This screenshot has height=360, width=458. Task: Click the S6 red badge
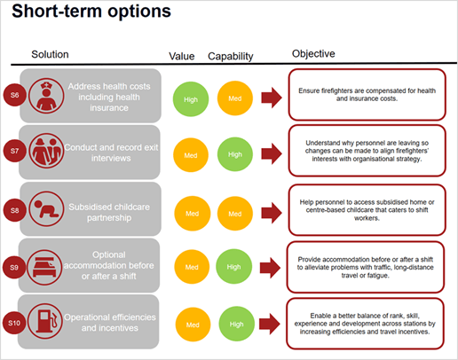[x=15, y=95]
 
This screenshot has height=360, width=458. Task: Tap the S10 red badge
[x=14, y=323]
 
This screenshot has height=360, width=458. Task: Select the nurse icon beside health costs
[x=46, y=96]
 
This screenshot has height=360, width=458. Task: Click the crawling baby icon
[x=46, y=208]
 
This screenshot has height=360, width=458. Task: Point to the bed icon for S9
[x=44, y=268]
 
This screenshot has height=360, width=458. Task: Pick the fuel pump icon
[x=45, y=321]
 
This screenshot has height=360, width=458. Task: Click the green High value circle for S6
[x=191, y=99]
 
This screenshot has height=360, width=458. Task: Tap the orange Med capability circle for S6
[x=235, y=98]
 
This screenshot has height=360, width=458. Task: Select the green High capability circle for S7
[x=235, y=154]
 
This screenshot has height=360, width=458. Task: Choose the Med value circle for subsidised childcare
[x=193, y=214]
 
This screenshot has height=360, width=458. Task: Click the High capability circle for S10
[x=237, y=324]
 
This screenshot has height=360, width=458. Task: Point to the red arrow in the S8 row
[x=272, y=213]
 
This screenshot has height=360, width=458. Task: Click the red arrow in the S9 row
[x=270, y=268]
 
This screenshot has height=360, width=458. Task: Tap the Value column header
[x=182, y=56]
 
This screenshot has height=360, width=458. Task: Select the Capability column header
[x=231, y=56]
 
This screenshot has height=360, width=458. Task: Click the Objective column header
[x=313, y=54]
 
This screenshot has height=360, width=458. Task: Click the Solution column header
[x=50, y=54]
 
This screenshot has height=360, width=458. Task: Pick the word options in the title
[x=139, y=12]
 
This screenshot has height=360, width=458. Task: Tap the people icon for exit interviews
[x=46, y=151]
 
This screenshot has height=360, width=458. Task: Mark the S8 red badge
[x=15, y=210]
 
